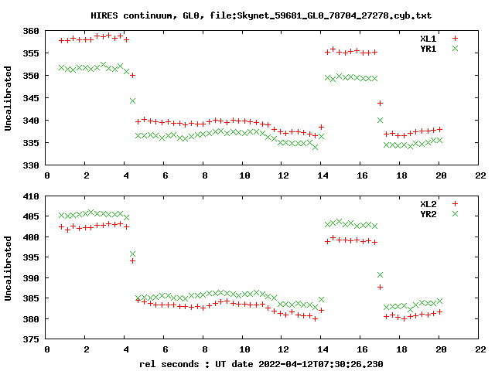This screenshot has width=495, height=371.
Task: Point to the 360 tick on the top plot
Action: [31, 31]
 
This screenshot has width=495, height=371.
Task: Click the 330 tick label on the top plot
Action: [31, 165]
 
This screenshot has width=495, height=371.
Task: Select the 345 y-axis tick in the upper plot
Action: [31, 98]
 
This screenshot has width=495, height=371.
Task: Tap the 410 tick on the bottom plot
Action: [31, 196]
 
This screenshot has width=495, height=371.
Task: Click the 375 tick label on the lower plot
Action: [31, 339]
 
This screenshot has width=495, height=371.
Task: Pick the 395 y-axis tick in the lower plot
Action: [31, 257]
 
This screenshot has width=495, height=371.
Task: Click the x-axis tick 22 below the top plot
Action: [480, 175]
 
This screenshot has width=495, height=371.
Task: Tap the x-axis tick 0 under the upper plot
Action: [48, 175]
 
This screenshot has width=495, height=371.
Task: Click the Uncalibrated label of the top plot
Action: [9, 98]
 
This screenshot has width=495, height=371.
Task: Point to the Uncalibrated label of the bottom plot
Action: [9, 267]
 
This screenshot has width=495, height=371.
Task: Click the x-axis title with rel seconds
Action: [261, 363]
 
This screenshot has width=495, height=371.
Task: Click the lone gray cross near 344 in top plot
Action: [133, 101]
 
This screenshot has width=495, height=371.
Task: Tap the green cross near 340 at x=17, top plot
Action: [381, 120]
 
